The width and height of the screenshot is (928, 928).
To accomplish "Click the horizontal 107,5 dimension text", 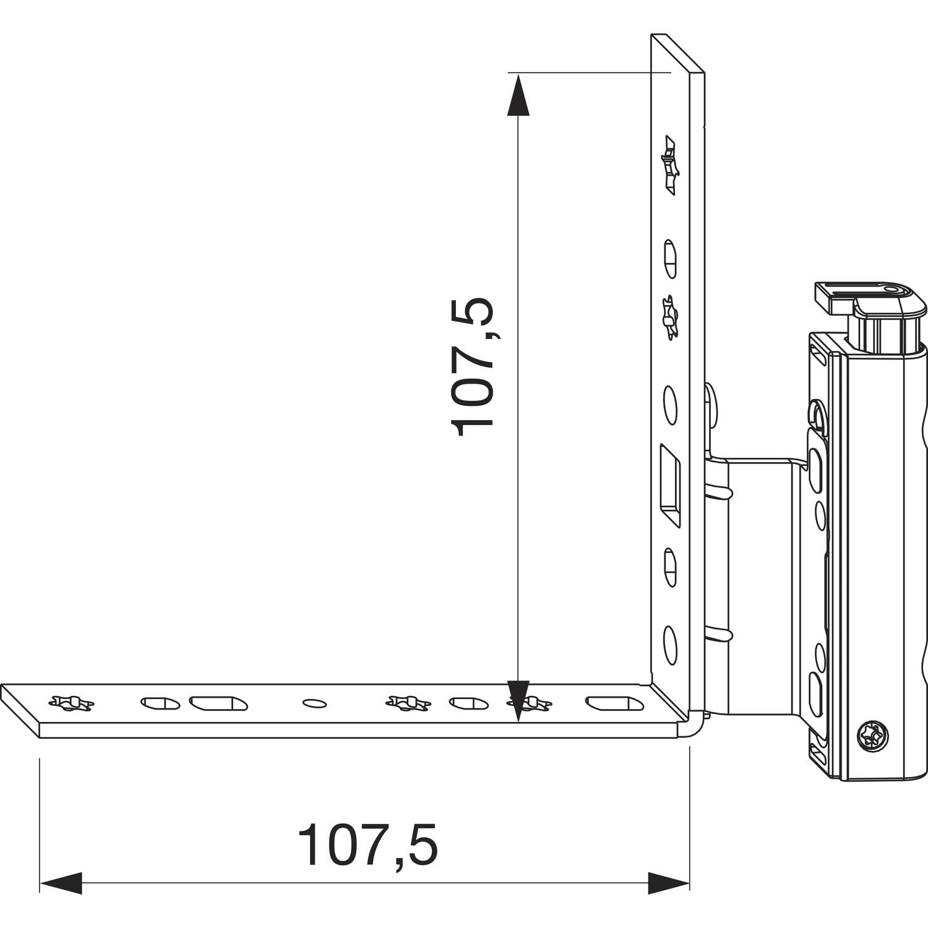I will coord(367,846).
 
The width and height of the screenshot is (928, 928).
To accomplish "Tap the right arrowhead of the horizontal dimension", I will coord(668,883).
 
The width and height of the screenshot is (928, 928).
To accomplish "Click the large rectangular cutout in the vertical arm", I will coord(669,485).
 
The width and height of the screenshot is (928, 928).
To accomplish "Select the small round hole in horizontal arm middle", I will coord(314,703).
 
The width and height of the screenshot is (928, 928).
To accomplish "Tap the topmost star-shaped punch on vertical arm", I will coord(669,165).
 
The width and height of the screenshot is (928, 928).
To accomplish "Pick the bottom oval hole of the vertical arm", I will coord(670,645).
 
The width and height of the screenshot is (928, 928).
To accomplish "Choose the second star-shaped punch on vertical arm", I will coord(668,319).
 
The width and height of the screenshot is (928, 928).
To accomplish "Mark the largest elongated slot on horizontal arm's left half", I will coord(218,703).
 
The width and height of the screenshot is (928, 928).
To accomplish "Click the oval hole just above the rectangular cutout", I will coord(670,405).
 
